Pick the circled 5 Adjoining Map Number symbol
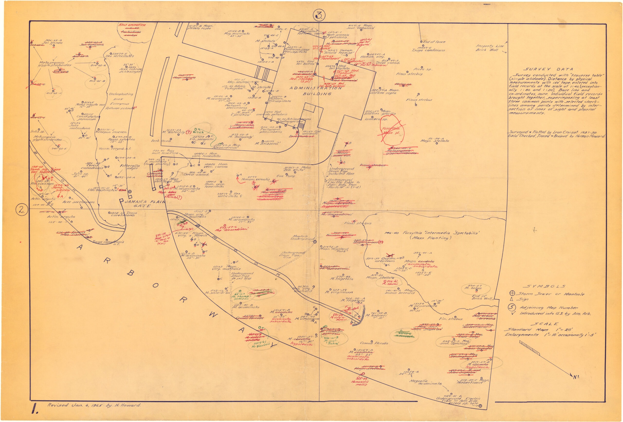(x=512, y=307)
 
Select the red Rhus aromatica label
(x=132, y=25)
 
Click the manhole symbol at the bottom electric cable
(x=480, y=406)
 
